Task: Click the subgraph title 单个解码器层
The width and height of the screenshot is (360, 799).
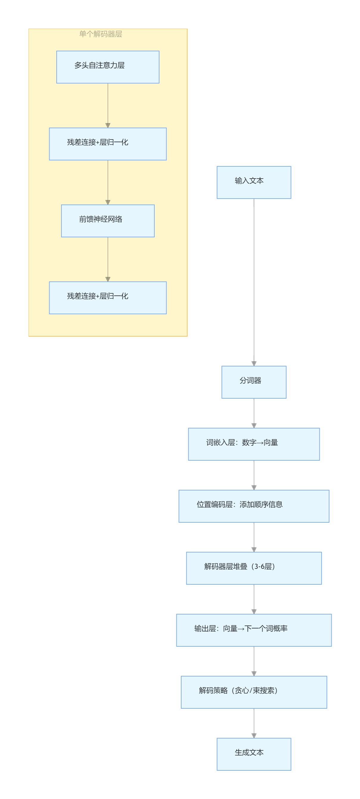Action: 100,34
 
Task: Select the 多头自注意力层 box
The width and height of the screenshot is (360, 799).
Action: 108,67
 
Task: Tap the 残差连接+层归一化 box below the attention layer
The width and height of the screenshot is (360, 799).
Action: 108,144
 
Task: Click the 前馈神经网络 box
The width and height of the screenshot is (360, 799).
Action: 108,221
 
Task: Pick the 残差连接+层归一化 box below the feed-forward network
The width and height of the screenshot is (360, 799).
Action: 108,298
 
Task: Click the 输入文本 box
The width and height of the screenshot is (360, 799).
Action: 254,182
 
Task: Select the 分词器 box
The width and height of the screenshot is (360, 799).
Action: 254,382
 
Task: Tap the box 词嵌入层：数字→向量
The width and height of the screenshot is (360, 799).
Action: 254,444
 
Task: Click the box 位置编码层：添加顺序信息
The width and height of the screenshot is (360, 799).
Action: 254,506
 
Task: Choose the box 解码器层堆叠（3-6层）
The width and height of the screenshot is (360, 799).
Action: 254,568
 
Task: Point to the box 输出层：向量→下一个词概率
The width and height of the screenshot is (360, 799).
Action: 254,630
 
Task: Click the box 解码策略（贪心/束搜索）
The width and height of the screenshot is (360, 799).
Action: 254,692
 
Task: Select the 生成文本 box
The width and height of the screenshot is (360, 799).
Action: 254,754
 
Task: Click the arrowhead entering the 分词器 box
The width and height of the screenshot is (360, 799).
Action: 254,363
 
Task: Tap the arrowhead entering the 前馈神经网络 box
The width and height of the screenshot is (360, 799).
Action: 108,202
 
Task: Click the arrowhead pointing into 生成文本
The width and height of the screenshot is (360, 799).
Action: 254,736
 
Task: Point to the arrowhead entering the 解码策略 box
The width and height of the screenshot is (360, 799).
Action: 254,674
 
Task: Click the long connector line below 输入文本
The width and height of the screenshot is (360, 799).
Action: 254,279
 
